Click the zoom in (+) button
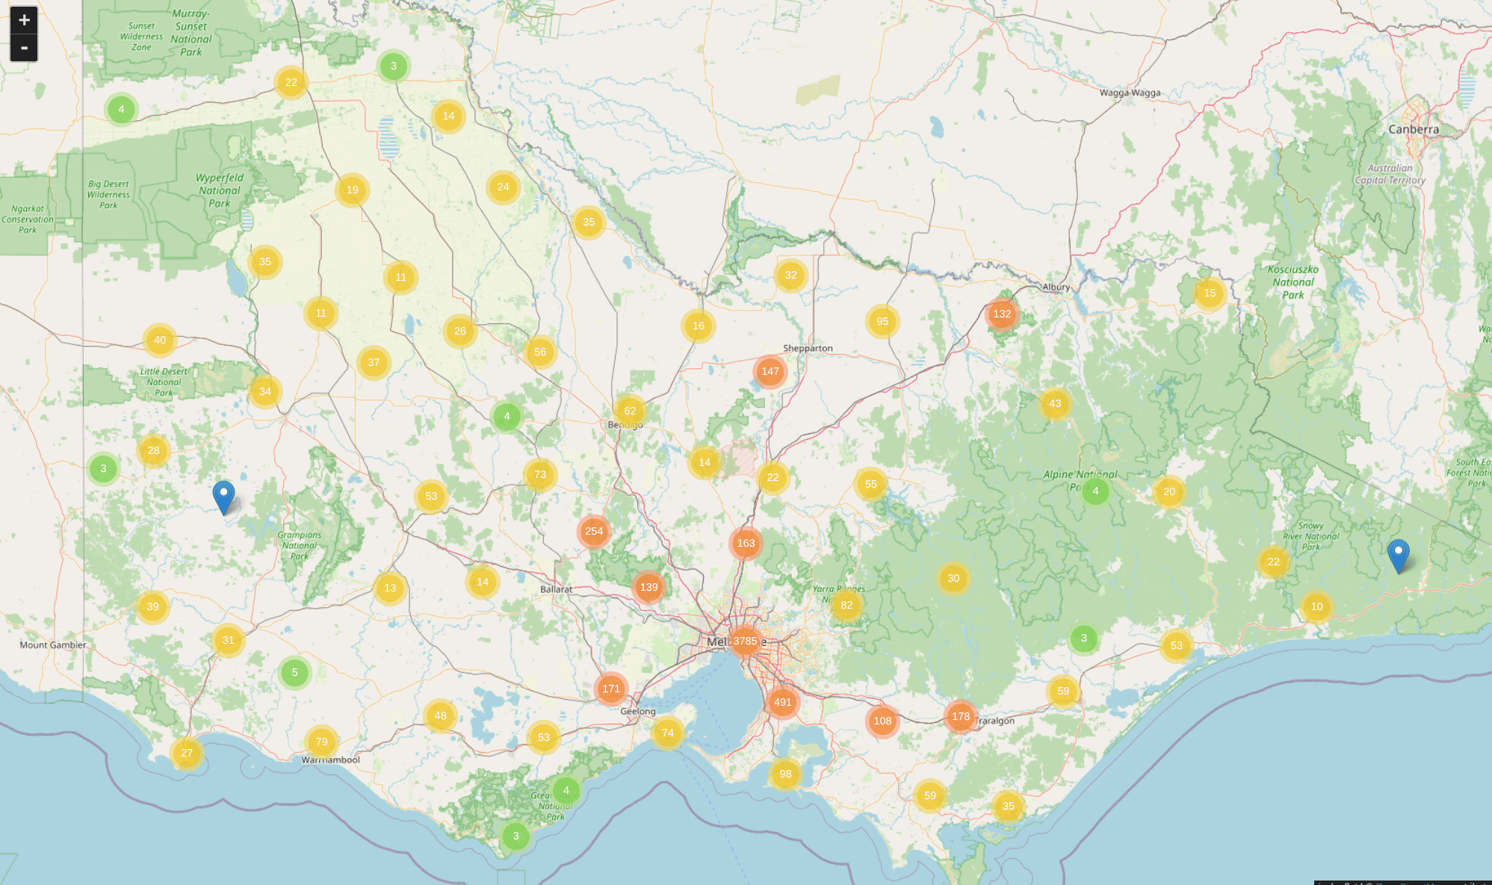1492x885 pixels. [24, 20]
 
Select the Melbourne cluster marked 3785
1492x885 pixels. [745, 641]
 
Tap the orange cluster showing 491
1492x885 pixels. [782, 701]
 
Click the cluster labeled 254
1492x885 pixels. [594, 531]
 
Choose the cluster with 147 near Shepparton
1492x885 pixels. [770, 371]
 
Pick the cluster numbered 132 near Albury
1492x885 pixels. [1002, 314]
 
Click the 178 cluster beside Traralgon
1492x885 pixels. [961, 716]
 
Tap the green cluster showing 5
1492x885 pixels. [294, 672]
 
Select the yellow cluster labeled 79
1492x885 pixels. [321, 742]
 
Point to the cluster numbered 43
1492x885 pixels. [1055, 403]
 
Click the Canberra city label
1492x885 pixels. [1413, 129]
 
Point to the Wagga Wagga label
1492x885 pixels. [1130, 93]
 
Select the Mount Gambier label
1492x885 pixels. [52, 645]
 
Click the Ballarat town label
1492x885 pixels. [556, 589]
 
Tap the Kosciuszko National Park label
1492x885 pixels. [1293, 282]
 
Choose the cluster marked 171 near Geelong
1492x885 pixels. [611, 689]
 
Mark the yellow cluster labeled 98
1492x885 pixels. [785, 774]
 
